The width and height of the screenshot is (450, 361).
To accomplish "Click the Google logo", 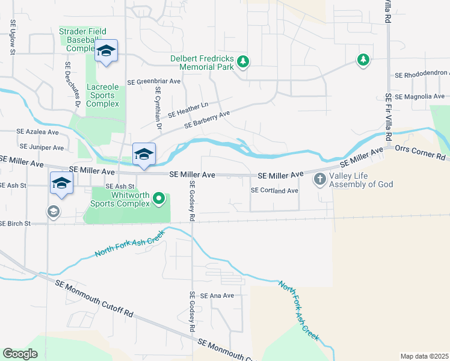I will (x=20, y=354).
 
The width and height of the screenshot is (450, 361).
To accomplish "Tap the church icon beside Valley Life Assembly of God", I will (x=319, y=179).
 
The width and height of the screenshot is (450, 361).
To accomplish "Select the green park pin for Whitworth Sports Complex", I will (x=158, y=197).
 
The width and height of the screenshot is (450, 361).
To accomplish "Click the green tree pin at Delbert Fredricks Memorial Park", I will (x=242, y=61).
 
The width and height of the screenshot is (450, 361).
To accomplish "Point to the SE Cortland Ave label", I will (x=274, y=191).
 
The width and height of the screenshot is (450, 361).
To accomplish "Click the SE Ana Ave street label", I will (x=217, y=296).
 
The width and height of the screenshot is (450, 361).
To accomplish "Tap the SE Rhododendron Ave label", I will (x=422, y=76).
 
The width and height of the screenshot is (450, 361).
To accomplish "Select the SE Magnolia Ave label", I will (x=420, y=96).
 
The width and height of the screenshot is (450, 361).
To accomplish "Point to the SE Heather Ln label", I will (x=188, y=109).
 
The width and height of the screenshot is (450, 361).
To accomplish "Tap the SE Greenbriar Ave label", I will (x=153, y=81).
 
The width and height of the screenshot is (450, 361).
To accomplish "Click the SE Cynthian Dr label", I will (x=158, y=108).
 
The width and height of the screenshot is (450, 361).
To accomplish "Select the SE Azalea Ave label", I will (x=37, y=132).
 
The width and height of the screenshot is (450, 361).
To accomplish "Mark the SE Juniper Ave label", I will (x=42, y=147).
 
